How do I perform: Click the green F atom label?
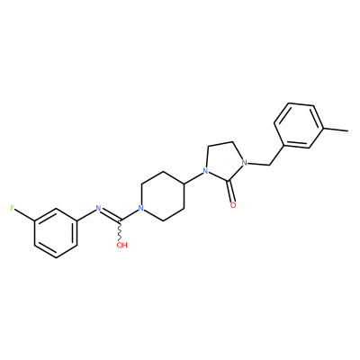pos(13,208)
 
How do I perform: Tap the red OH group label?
pos(122,245)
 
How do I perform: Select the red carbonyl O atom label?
pos(233,205)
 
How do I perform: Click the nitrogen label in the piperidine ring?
pos(139,208)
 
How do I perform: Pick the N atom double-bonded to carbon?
pos(97,208)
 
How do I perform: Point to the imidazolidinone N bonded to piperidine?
pos(205,172)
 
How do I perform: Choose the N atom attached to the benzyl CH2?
pos(245,163)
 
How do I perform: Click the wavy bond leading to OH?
pos(120,231)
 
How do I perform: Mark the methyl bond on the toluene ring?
pos(337,130)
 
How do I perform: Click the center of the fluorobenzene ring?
pos(56,233)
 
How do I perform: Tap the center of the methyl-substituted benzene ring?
pos(300,125)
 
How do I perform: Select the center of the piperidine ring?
pos(162,196)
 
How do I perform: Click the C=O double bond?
pos(231,192)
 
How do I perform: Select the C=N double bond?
pos(110,215)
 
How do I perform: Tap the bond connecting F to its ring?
pos(25,215)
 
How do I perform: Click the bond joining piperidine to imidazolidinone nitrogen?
pos(193,177)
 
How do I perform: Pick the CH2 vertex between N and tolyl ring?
pos(269,165)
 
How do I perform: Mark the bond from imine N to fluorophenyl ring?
pos(85,214)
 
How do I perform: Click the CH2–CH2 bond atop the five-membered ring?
pos(221,144)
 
